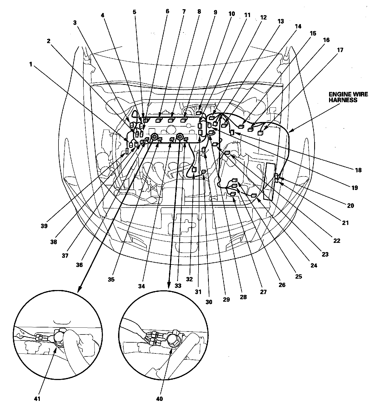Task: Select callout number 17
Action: point(340,50)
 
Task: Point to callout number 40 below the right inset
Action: point(160,399)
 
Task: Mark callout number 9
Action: point(215,12)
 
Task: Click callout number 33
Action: point(178,286)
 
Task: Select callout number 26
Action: point(282,285)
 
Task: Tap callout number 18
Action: point(358,170)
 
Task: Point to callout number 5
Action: point(135,12)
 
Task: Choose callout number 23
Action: point(325,254)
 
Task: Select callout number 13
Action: point(281,21)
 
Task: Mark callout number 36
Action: point(79,265)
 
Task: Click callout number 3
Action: point(75,23)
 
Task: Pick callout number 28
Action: point(243,297)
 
